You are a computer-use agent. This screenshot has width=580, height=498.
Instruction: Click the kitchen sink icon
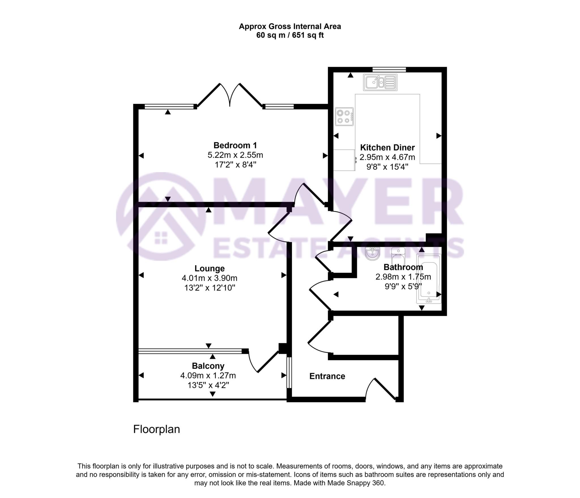tap(380, 82)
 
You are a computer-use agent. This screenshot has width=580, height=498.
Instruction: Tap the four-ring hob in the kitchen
tap(344, 116)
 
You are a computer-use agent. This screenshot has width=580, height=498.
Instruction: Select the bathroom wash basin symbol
tap(372, 254)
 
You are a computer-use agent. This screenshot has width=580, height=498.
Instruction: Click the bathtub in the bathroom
tap(429, 279)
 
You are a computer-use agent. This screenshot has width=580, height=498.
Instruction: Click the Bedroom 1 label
tap(235, 145)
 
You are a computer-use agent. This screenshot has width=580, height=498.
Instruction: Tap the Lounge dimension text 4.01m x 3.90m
tap(209, 278)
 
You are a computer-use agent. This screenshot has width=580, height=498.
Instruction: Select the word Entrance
tap(327, 376)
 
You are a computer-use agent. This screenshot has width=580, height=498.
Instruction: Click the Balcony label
tap(208, 366)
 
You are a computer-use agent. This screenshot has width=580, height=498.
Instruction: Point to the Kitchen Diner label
tap(387, 148)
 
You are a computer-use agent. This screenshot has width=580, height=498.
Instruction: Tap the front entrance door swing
tap(379, 389)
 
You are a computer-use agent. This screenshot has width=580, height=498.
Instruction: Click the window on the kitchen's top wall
tap(389, 70)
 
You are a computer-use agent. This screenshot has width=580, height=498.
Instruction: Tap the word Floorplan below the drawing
tap(157, 429)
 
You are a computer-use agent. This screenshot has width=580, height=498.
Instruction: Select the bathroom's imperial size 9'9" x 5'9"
tap(403, 286)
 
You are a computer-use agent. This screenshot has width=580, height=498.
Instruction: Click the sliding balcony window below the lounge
tap(190, 351)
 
